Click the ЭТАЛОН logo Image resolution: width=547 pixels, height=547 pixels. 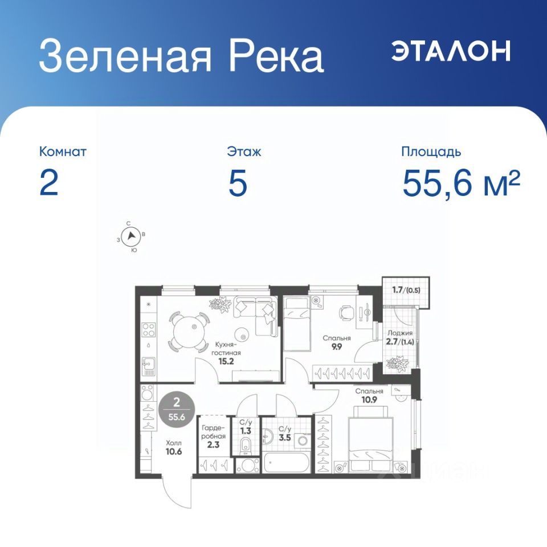click(x=451, y=51)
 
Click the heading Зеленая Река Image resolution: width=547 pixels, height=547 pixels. click(x=181, y=56)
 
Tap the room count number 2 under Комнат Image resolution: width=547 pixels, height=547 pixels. click(x=49, y=183)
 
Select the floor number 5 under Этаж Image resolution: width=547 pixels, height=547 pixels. click(x=238, y=183)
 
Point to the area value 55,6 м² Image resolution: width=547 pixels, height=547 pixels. click(x=461, y=183)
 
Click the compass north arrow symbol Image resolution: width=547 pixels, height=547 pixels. click(x=131, y=235)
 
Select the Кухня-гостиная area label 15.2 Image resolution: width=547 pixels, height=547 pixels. click(x=226, y=361)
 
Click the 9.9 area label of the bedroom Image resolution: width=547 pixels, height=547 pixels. click(x=337, y=347)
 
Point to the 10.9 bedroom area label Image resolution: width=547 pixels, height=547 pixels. click(x=369, y=400)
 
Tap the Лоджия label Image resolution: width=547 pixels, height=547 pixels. click(x=400, y=333)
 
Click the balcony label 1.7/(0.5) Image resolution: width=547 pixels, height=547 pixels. click(x=406, y=290)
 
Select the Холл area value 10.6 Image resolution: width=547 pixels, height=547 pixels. click(x=174, y=451)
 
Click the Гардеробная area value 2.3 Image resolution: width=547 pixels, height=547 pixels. click(x=213, y=445)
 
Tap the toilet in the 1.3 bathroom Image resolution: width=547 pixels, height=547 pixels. click(x=246, y=446)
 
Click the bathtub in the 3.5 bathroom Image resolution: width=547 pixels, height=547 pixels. click(x=287, y=463)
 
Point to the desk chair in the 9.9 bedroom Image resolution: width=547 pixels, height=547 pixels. click(x=346, y=312)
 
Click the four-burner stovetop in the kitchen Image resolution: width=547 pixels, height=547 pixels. click(x=148, y=330)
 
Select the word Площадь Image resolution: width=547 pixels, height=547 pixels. click(x=431, y=152)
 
